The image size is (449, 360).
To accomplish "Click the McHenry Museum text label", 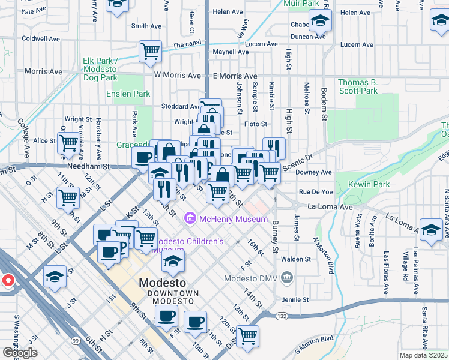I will (x=234, y=219).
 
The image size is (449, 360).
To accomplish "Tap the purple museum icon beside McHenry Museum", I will (x=191, y=218).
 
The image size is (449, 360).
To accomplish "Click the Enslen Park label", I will (x=128, y=94).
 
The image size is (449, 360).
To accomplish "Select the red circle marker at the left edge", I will (x=8, y=280).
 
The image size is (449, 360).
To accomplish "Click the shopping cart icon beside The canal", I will (x=150, y=50).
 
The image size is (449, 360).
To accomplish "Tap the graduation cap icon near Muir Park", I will (x=321, y=22).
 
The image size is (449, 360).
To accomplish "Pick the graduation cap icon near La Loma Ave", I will (x=431, y=230).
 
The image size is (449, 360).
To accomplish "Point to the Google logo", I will (x=20, y=353).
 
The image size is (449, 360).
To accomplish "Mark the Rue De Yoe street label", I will (x=316, y=192).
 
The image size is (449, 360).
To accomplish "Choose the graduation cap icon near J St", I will (x=55, y=277).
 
